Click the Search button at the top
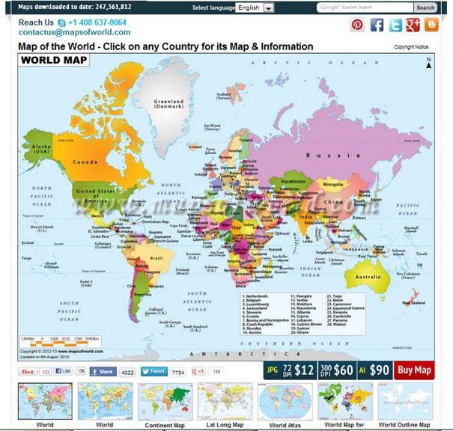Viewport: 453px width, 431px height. point(425,7)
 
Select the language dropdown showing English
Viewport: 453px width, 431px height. point(255,7)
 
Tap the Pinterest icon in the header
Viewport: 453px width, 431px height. point(358,25)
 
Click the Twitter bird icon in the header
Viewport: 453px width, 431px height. point(395,25)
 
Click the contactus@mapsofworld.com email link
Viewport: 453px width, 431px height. point(74,33)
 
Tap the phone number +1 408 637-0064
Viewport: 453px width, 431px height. point(97,22)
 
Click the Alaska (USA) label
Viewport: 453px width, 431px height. point(40,147)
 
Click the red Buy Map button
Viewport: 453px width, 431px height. point(414,370)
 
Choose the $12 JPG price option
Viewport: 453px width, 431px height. point(291,370)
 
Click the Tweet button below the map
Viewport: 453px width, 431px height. point(154,371)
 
